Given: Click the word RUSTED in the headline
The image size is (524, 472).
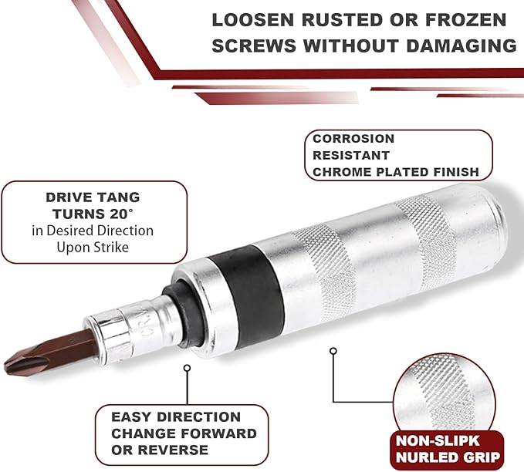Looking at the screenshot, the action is tap(342, 20).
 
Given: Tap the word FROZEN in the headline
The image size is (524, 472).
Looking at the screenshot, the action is tap(466, 20).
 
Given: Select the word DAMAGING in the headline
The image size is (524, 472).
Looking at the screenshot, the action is tap(461, 46).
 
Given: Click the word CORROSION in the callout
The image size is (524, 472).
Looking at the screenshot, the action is tap(353, 139).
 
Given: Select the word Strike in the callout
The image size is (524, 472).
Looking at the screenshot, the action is tap(111, 248).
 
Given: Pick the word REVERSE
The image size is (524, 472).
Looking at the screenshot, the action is tap(173, 450).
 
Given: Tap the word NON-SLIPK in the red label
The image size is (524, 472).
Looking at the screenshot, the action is tap(438, 440).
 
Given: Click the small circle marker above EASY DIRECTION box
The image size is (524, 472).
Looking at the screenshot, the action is tap(187, 368).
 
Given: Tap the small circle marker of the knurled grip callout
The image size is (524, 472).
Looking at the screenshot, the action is tap(333, 351).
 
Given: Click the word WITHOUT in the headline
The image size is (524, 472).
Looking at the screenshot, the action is tap(350, 46).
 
